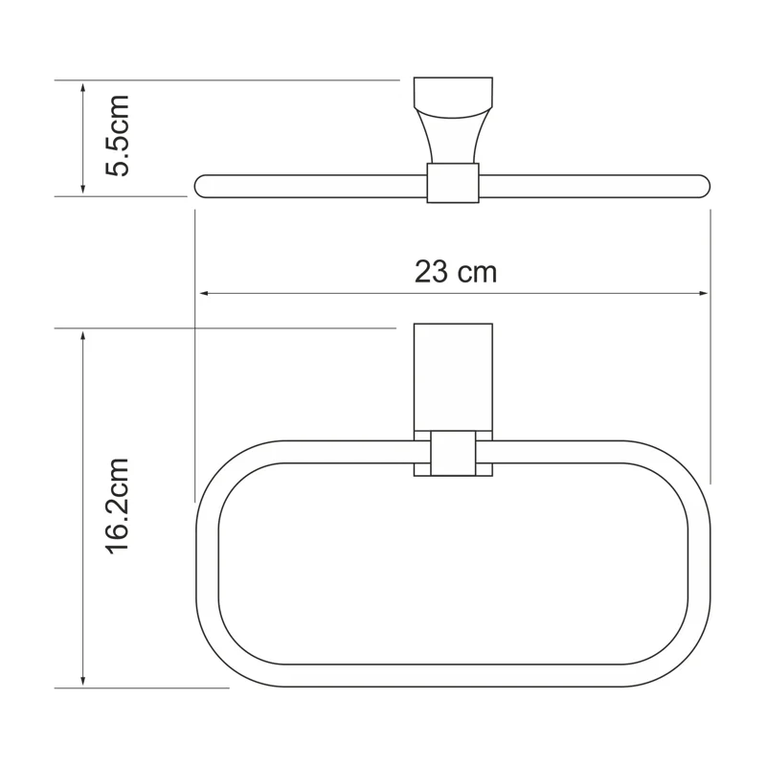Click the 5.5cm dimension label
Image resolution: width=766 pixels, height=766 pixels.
coord(117,135)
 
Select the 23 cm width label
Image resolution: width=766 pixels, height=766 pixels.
coord(456,272)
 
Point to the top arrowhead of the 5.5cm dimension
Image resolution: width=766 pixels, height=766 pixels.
coord(84,87)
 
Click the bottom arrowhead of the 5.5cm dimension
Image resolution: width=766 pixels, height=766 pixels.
coord(84,190)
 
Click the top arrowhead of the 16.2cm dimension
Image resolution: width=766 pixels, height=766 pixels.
coord(84,335)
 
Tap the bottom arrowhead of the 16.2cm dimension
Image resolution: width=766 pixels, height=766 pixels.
coord(84,681)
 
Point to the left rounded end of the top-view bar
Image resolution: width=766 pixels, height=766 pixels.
coord(202,186)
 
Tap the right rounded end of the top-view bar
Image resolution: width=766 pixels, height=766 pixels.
coord(703,186)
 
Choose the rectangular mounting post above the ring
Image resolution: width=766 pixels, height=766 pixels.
coord(453,378)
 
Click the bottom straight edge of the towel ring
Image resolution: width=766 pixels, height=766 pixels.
coord(453,676)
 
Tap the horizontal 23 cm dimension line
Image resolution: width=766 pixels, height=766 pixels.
coord(335,294)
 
